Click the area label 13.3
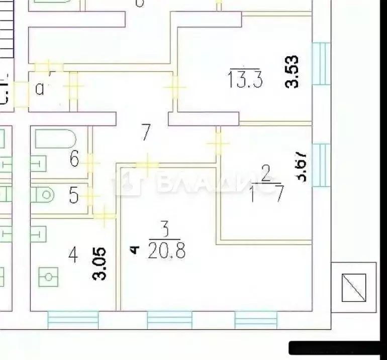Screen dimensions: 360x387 [245, 79]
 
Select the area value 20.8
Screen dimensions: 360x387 [166, 250]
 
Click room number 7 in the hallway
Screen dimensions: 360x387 [146, 133]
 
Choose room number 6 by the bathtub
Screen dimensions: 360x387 [74, 160]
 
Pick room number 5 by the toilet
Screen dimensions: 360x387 [74, 195]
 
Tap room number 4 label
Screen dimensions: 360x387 [73, 256]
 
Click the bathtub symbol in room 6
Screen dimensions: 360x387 [55, 138]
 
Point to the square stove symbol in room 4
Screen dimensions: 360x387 [49, 277]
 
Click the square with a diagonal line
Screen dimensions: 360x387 [354, 288]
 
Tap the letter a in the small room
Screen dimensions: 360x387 [40, 89]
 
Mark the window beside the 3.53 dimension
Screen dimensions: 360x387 [321, 65]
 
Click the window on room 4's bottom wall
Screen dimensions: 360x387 [73, 320]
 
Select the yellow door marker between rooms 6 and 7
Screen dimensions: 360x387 [91, 163]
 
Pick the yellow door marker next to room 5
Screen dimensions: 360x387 [92, 196]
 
